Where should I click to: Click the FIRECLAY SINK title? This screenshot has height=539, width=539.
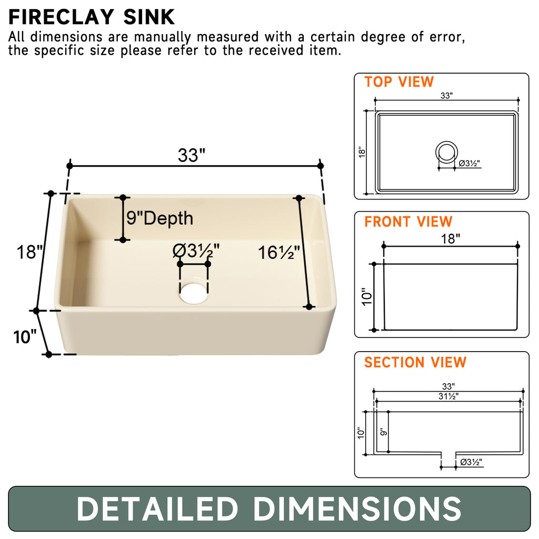click(x=92, y=17)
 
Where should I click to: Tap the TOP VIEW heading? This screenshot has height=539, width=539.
click(x=399, y=82)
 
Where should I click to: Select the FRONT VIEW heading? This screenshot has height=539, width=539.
click(x=408, y=222)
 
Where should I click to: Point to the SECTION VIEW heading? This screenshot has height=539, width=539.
click(x=415, y=362)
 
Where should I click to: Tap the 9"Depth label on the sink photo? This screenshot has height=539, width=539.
click(x=159, y=218)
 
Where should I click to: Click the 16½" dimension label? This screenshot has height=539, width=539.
click(x=278, y=253)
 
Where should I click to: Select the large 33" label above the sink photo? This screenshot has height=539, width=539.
click(x=191, y=155)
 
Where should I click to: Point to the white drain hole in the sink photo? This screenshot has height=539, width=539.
click(x=194, y=293)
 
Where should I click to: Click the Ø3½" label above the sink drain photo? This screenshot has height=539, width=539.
click(x=196, y=251)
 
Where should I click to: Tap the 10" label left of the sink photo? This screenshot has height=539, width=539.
click(x=25, y=336)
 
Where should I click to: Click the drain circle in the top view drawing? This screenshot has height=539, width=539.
click(x=446, y=152)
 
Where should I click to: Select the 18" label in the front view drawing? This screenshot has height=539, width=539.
click(x=450, y=238)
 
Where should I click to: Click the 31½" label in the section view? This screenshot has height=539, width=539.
click(x=448, y=396)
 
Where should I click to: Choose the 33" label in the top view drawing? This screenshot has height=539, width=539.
click(x=447, y=95)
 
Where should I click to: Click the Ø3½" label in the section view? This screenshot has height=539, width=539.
click(x=471, y=462)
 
